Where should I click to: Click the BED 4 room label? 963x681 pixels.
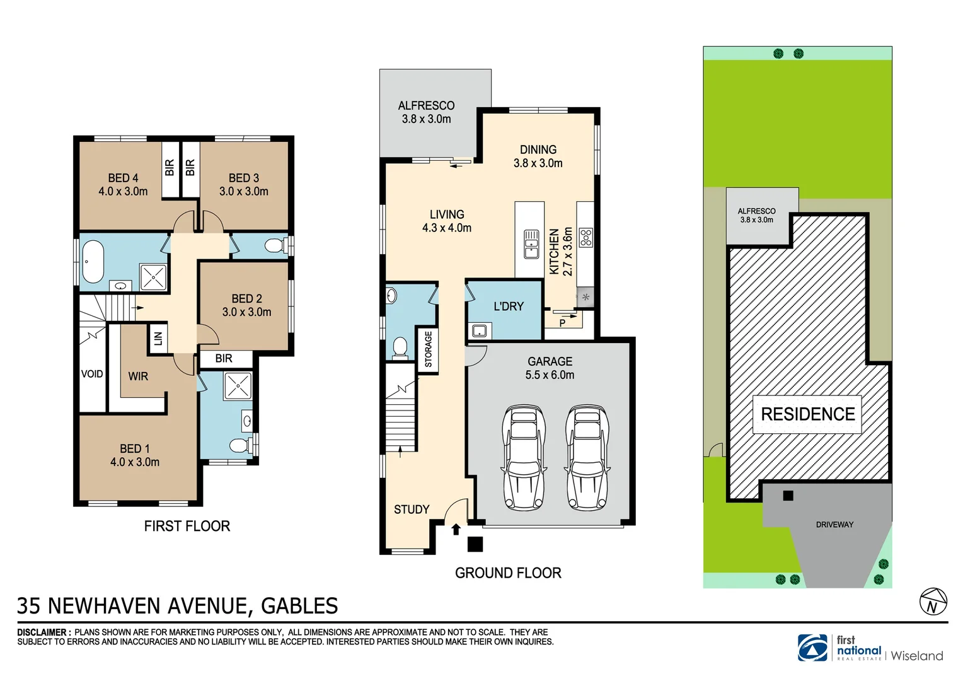(x=123, y=178)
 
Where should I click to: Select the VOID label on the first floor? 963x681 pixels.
(x=92, y=374)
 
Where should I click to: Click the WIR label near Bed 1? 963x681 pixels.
(x=138, y=376)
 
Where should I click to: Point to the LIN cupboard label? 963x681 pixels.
(x=158, y=339)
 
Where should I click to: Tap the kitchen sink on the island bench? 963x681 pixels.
(x=531, y=244)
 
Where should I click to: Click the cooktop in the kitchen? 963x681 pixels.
(x=585, y=237)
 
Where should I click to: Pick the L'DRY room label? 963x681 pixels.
(x=508, y=306)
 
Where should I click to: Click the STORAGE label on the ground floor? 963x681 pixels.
(x=429, y=349)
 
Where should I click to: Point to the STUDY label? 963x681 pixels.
(x=412, y=509)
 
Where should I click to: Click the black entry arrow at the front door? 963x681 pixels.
(x=456, y=529)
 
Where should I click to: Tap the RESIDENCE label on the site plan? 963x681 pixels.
(x=807, y=414)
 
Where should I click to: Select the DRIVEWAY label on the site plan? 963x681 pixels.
(x=834, y=525)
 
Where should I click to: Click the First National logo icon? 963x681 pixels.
(x=813, y=648)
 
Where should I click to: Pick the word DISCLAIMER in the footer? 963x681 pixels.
(x=42, y=632)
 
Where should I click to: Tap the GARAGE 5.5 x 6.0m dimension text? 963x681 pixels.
(x=550, y=375)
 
